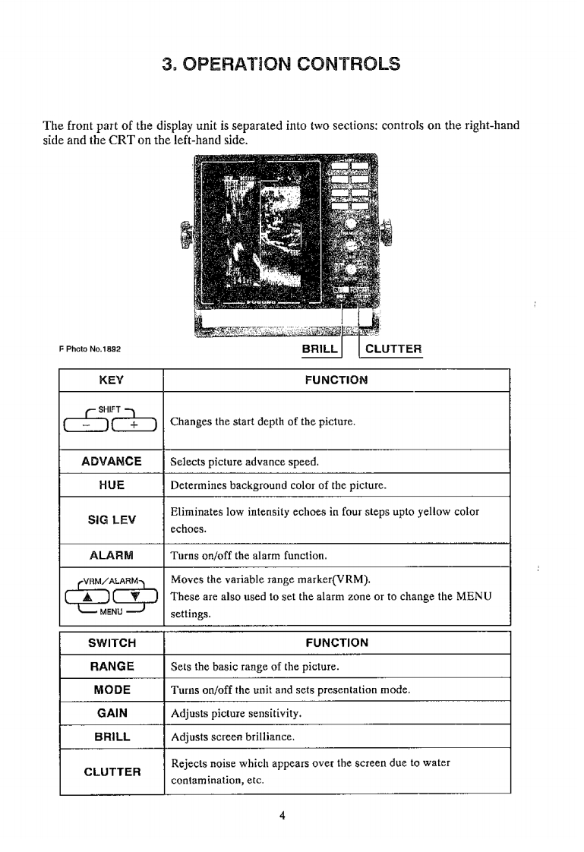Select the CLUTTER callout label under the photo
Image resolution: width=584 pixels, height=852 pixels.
pos(393,349)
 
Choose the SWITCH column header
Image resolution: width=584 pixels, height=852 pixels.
pos(112,642)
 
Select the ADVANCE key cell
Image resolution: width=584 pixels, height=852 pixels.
pos(112,462)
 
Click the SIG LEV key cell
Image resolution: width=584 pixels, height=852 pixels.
pos(112,519)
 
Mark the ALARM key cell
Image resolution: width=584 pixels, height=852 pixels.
pos(112,554)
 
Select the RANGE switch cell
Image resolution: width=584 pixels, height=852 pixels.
pos(112,666)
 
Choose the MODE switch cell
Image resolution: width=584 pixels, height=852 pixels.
pos(112,689)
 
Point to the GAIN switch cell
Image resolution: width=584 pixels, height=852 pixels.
pos(112,713)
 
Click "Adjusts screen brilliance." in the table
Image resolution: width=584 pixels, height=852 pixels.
pos(232,737)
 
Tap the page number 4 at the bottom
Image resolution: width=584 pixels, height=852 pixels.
pos(283,816)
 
